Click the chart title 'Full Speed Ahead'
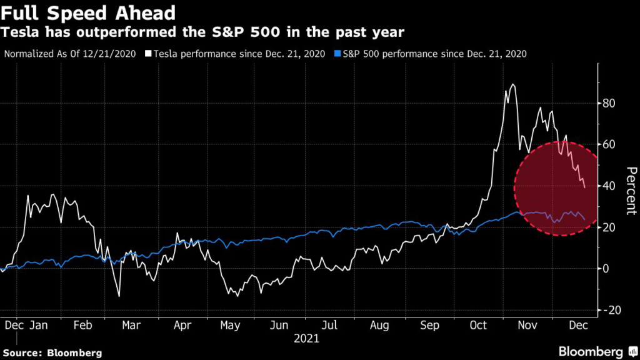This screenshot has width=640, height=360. (88, 13)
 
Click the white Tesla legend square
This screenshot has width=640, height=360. (148, 54)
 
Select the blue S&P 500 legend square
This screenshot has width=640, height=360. (337, 54)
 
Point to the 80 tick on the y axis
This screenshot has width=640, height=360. (609, 103)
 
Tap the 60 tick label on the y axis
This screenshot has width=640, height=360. (609, 144)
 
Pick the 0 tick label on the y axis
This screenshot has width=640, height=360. (605, 269)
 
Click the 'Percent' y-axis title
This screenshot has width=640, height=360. (631, 191)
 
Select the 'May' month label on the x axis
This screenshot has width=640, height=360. (230, 325)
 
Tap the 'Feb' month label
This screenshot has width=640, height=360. (83, 325)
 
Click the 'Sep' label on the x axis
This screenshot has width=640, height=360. (429, 325)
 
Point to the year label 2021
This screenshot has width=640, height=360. (306, 338)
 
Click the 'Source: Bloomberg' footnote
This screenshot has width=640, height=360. (52, 353)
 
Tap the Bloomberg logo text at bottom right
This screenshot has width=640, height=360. (591, 352)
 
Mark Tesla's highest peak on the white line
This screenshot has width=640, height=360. (512, 84)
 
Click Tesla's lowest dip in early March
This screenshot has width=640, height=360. (119, 296)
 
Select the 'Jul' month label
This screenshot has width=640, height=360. (329, 325)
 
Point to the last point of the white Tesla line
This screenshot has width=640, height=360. (585, 187)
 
